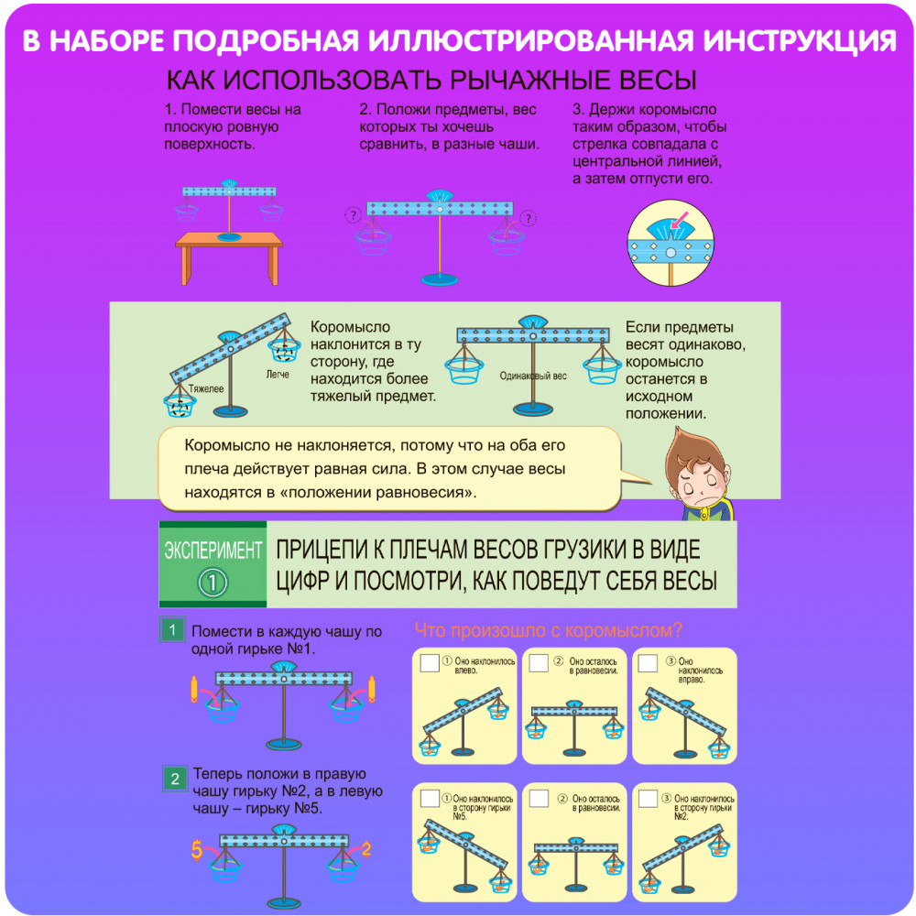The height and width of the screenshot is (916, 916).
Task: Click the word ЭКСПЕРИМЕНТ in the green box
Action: tap(213, 551)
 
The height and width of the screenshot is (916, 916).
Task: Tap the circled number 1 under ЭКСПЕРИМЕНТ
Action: tap(213, 583)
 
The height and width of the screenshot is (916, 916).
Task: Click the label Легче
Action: tap(277, 374)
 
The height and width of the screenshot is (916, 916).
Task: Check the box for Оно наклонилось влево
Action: tap(428, 663)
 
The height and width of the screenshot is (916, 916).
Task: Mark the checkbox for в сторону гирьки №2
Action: tap(649, 799)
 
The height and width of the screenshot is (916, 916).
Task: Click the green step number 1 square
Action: tap(173, 631)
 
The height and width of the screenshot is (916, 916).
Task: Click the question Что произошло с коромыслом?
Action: tap(548, 630)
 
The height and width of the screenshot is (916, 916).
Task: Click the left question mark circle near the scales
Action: tap(353, 216)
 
